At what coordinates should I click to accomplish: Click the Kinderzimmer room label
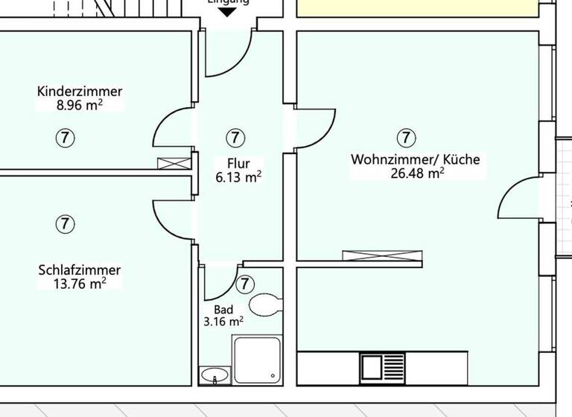[x=80, y=92]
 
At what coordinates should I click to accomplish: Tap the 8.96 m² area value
[x=80, y=105]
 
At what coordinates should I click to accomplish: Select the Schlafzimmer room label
[x=79, y=270]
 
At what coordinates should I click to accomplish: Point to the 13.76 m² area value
[x=79, y=283]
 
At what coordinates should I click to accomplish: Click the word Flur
[x=238, y=163]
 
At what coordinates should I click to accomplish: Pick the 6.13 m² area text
[x=238, y=177]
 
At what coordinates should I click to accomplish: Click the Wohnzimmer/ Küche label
[x=416, y=159]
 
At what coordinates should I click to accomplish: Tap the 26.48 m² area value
[x=416, y=174]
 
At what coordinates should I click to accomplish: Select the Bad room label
[x=223, y=309]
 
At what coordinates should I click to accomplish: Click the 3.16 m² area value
[x=223, y=322]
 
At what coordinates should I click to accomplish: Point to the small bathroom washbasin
[x=216, y=375]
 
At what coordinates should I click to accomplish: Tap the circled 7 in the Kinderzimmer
[x=66, y=137]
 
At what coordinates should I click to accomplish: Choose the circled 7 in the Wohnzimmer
[x=406, y=137]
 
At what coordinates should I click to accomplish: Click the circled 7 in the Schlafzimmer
[x=66, y=223]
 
